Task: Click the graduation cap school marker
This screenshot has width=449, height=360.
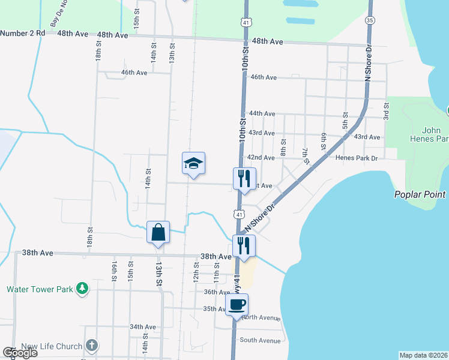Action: pyautogui.click(x=194, y=163)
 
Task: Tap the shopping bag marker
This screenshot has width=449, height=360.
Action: pyautogui.click(x=158, y=232)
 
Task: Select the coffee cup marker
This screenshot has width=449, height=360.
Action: pyautogui.click(x=237, y=305)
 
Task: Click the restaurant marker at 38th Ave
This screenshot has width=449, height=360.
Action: pyautogui.click(x=244, y=246)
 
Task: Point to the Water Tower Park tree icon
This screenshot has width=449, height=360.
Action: pyautogui.click(x=82, y=289)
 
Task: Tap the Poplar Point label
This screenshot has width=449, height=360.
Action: pyautogui.click(x=420, y=194)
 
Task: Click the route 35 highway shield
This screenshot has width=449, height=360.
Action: pyautogui.click(x=370, y=20)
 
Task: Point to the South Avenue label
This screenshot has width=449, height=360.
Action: pyautogui.click(x=260, y=340)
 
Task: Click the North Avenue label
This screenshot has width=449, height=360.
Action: pyautogui.click(x=262, y=317)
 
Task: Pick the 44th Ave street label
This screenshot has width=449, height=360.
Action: pyautogui.click(x=262, y=113)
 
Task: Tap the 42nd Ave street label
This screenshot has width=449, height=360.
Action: pyautogui.click(x=261, y=157)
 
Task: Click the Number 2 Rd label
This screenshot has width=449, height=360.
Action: pyautogui.click(x=23, y=33)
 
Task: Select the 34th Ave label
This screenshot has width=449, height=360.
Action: pyautogui.click(x=143, y=327)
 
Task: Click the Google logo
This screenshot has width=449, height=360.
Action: pyautogui.click(x=20, y=353)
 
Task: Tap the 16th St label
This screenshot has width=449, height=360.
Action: pyautogui.click(x=113, y=271)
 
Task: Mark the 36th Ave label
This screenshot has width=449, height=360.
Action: pyautogui.click(x=217, y=292)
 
